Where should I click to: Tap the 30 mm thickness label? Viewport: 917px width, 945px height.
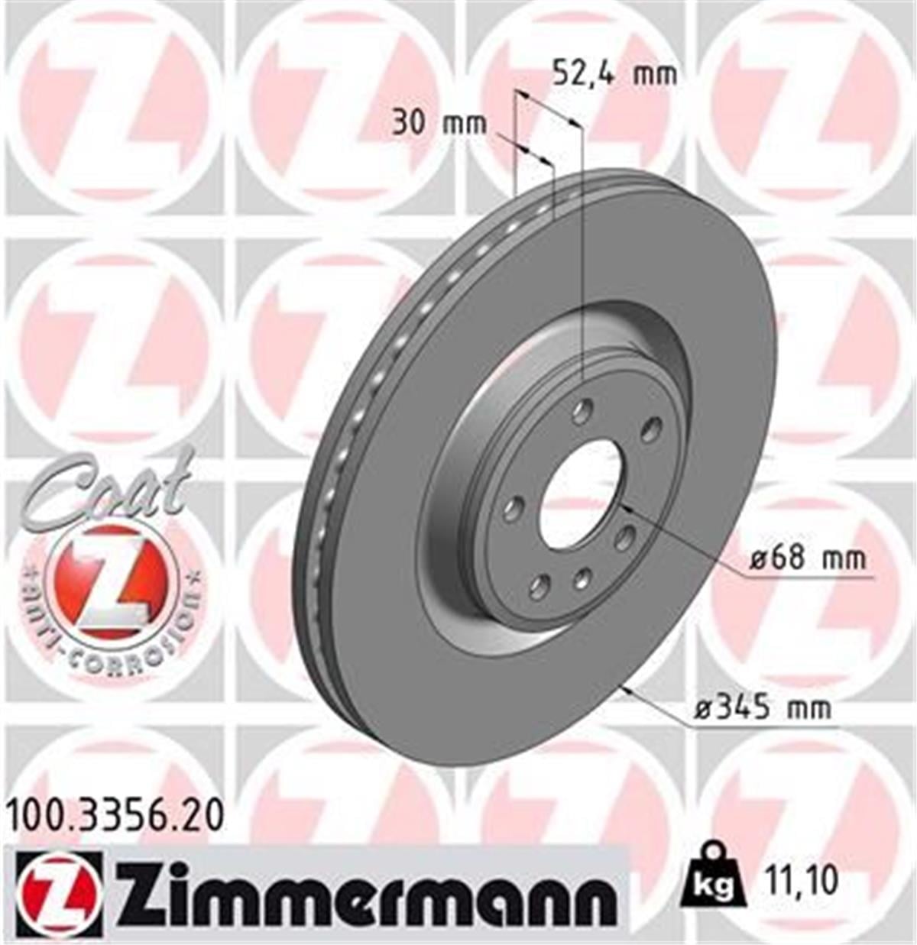pos(439,122)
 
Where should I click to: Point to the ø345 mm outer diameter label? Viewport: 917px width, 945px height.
pos(763,708)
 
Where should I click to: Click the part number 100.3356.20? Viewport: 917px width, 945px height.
pos(115,815)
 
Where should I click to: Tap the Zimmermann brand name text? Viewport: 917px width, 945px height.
pos(365,892)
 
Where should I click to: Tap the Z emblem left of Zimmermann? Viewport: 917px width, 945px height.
pos(57,893)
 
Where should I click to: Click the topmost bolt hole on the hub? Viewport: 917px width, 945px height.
pos(583,410)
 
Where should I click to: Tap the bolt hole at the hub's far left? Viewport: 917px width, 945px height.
pos(514,508)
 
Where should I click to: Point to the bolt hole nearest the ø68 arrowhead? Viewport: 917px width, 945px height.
pos(624,537)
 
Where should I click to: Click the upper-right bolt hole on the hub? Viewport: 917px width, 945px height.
pos(650,429)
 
